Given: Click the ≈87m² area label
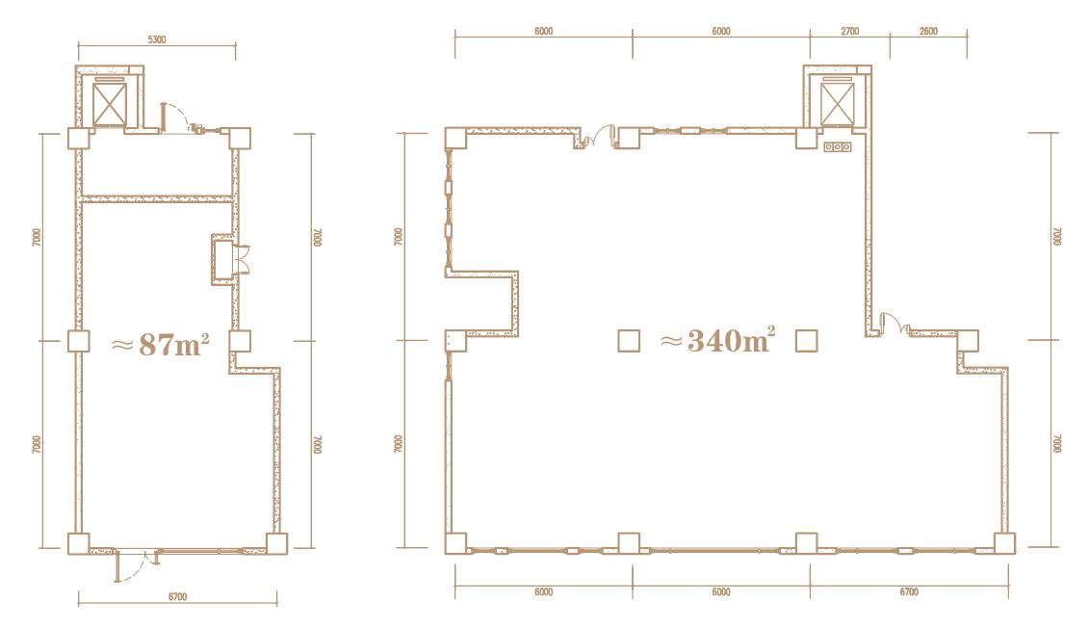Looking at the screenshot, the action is [161, 343].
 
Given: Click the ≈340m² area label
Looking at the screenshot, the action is [717, 340].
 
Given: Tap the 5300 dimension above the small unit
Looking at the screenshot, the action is [157, 39].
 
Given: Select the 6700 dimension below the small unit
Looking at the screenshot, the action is [178, 596].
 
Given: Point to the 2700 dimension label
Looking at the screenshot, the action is [849, 31].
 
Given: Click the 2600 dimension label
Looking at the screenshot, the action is [928, 31].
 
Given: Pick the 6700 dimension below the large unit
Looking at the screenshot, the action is [908, 591].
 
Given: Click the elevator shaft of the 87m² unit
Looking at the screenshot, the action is [110, 104].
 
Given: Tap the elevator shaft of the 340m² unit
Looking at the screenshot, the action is [837, 104].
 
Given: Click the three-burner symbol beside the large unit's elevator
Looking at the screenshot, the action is [837, 147].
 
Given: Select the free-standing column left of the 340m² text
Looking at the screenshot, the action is [629, 341].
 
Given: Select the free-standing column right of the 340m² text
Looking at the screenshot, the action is [806, 341].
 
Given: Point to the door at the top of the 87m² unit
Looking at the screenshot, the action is [177, 117].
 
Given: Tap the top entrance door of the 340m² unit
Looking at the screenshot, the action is [597, 138].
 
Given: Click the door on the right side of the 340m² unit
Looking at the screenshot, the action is [894, 324].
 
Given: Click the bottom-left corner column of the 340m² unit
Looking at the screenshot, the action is [455, 543].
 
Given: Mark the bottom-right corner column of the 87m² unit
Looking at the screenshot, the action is [276, 543].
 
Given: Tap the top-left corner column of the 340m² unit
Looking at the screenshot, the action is [455, 138].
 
